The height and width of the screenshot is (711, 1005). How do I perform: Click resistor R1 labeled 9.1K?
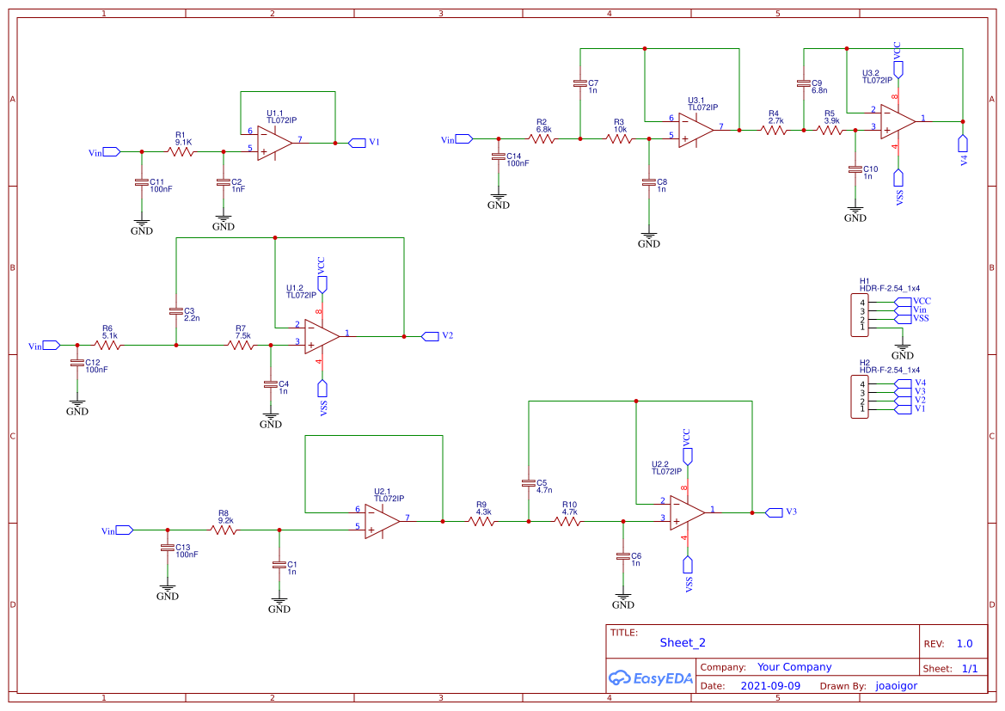tap(180, 152)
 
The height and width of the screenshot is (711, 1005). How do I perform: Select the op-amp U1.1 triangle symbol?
tap(274, 143)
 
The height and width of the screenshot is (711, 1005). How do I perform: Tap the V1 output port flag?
tap(357, 143)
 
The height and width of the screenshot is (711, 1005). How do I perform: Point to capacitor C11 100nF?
tap(142, 183)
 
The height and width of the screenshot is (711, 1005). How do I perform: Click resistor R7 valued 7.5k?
tap(241, 345)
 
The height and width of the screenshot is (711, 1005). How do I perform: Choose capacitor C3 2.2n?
tap(176, 311)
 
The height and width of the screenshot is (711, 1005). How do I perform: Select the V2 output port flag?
tap(430, 336)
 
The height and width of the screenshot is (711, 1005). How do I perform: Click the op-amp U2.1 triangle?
tap(382, 521)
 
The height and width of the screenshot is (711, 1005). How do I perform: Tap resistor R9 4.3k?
tap(482, 521)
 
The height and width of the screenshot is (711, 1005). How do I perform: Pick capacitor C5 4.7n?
tap(529, 483)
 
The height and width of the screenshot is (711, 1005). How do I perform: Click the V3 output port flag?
tap(775, 512)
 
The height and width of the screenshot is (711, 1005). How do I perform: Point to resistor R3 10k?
tap(618, 138)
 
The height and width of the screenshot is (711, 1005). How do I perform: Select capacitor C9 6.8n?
tap(804, 83)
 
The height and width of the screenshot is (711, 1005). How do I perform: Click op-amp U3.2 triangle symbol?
tap(898, 121)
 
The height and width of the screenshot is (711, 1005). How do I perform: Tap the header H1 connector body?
tap(860, 315)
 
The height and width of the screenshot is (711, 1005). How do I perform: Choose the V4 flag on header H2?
tap(903, 383)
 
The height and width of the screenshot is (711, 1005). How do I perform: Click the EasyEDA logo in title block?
tap(651, 677)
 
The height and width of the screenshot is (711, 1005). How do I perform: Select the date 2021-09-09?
tap(770, 686)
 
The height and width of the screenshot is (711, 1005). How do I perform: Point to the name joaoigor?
tap(896, 686)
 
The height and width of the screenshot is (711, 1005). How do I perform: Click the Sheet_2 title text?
tap(683, 643)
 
